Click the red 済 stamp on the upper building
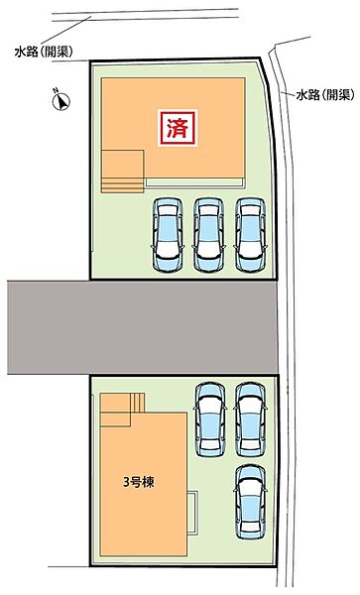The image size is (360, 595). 178,128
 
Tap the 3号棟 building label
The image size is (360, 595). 139,482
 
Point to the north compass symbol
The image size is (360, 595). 61,100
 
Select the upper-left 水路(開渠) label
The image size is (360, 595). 44,52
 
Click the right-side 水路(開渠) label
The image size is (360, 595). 326,95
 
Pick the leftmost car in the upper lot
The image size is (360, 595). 168,235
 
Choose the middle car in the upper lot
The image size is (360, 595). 209,235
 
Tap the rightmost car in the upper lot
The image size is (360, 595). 250,235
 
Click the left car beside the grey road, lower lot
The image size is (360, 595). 210,418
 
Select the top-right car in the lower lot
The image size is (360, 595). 250,418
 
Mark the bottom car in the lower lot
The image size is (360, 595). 250,502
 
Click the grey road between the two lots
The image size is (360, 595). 143,327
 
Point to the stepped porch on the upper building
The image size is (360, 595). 123,172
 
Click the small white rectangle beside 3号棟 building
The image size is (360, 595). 192,513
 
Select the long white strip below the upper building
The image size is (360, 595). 194,182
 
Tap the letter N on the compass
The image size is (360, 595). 56,90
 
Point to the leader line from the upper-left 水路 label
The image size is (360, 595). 66,31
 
